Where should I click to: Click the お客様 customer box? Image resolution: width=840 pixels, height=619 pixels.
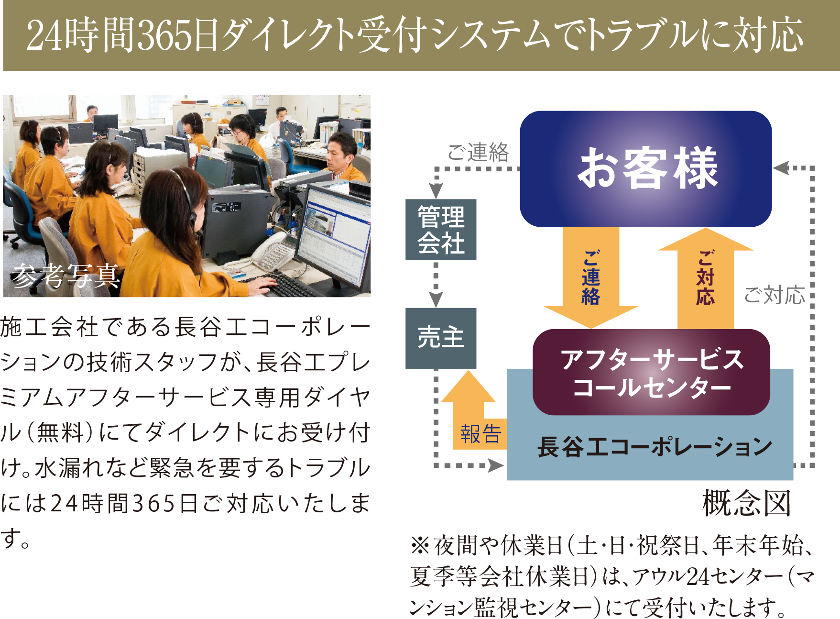[x=645, y=169]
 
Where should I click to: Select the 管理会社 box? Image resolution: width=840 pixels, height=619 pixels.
[x=441, y=230]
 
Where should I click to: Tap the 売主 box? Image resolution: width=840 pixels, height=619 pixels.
[x=441, y=338]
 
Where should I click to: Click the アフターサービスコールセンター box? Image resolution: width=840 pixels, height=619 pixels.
[x=651, y=372]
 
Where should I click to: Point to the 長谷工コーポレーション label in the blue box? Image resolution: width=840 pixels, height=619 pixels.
[x=655, y=447]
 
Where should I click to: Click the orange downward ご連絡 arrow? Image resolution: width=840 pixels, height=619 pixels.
[x=591, y=277]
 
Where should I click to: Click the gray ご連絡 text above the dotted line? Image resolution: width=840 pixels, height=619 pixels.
[x=478, y=153]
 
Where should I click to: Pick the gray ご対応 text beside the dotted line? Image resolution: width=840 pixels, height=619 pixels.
[x=775, y=295]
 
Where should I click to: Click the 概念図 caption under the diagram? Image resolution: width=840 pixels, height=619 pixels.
[x=746, y=503]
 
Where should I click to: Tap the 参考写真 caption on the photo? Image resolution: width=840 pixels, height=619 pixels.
[x=65, y=276]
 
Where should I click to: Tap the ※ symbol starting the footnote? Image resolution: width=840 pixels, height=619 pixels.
[x=420, y=546]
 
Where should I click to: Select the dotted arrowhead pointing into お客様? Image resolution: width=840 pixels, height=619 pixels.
[x=781, y=168]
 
